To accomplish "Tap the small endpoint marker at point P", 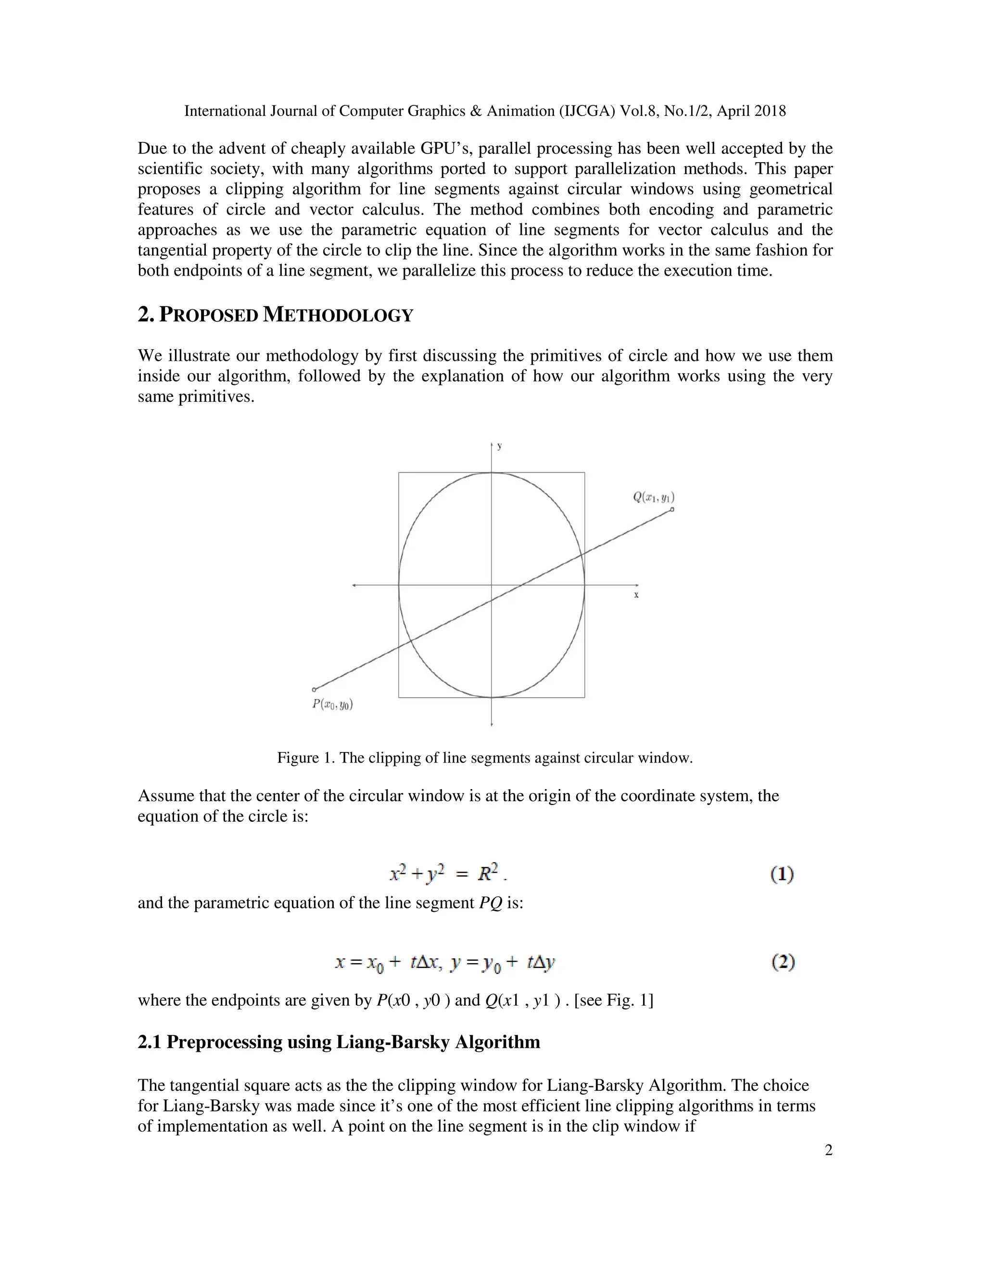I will point(315,689).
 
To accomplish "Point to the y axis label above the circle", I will point(500,446).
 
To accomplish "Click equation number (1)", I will point(782,875).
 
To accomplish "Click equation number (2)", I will point(783,962).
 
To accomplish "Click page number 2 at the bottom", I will point(828,1150).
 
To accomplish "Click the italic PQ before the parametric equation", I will point(491,903).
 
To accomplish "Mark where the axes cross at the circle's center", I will point(492,585).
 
